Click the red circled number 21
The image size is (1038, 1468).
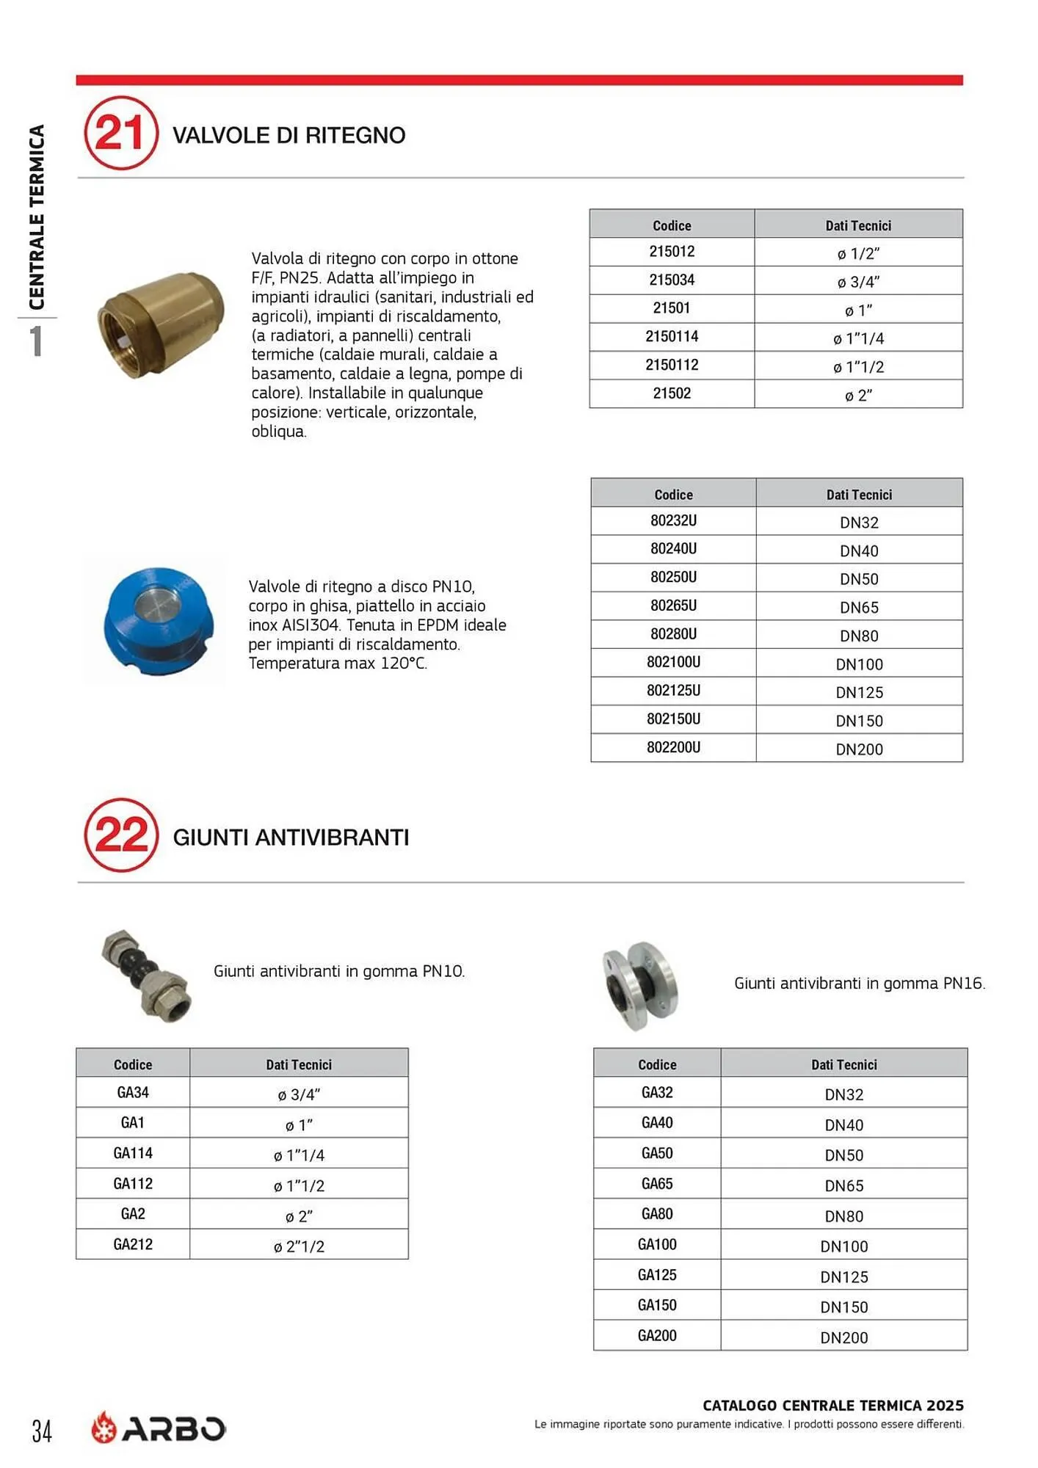pos(121,134)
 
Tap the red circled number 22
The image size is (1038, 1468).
pos(121,835)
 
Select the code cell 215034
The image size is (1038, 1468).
pos(672,280)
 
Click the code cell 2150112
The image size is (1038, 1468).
pos(672,366)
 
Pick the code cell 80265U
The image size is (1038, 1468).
pos(673,606)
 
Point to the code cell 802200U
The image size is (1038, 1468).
pos(673,748)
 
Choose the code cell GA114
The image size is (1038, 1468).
pos(133,1153)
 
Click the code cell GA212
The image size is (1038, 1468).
pos(133,1244)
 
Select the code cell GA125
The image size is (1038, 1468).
pos(657,1275)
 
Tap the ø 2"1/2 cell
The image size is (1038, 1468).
pos(299,1246)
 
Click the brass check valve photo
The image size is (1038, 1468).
pos(161,324)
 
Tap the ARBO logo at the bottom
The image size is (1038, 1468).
pos(159,1428)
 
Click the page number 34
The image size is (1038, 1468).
pos(42,1431)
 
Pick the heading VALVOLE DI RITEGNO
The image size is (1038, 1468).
pos(288,135)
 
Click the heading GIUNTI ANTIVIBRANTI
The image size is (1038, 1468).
pos(291,837)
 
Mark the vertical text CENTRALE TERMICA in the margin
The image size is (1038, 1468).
pos(37,217)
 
